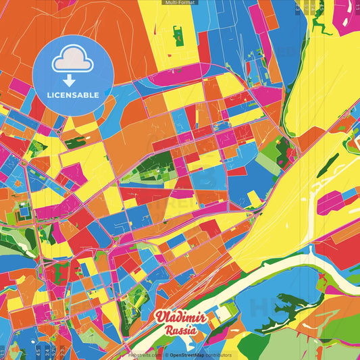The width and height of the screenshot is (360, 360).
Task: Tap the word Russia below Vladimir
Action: (x=179, y=330)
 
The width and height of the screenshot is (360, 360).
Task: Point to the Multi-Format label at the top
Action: (x=179, y=3)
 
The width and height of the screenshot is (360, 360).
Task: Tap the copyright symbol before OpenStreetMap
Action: (x=166, y=355)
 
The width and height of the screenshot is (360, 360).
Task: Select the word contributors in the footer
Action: (x=218, y=355)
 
